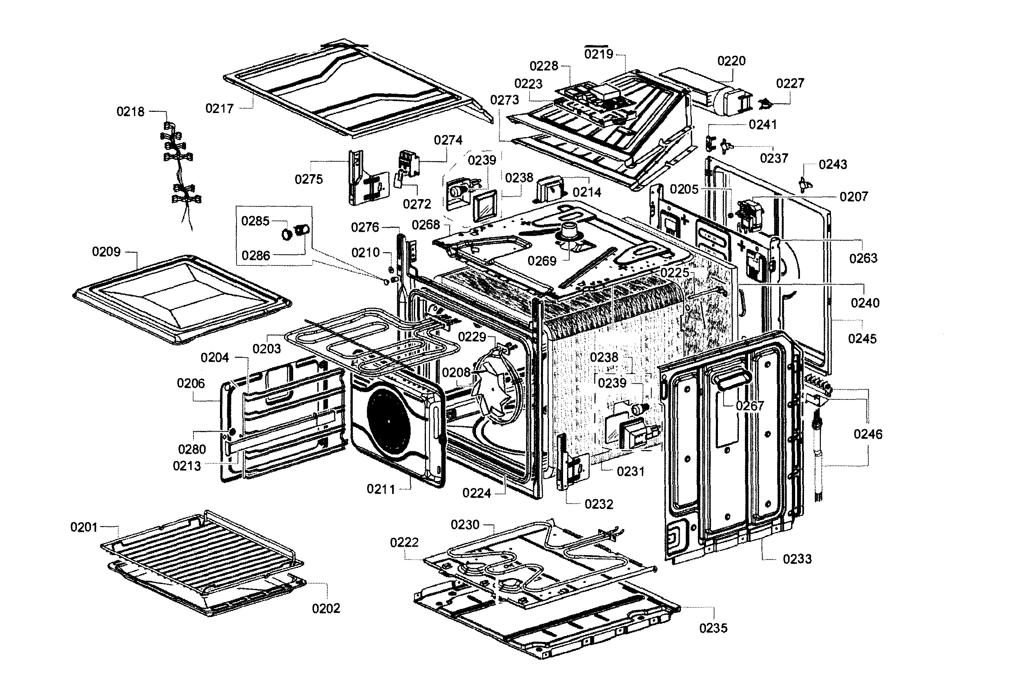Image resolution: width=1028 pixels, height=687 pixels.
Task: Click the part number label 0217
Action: click(219, 108)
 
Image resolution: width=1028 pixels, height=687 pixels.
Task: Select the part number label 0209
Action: click(106, 251)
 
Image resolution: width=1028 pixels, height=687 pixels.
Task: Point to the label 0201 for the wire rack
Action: click(84, 527)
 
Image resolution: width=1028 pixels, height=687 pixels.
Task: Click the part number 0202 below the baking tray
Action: click(326, 608)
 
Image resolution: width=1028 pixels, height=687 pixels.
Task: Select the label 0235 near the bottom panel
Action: click(713, 628)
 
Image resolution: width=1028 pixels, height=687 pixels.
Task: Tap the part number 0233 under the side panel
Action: click(797, 559)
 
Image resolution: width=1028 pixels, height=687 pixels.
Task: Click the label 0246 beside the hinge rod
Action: click(868, 434)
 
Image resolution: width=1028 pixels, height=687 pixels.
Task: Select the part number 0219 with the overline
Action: click(598, 54)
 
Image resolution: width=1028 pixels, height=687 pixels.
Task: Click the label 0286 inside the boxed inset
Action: click(255, 255)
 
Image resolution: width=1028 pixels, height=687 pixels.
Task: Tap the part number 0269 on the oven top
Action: click(542, 261)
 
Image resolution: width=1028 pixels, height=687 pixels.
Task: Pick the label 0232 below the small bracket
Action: click(598, 504)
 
